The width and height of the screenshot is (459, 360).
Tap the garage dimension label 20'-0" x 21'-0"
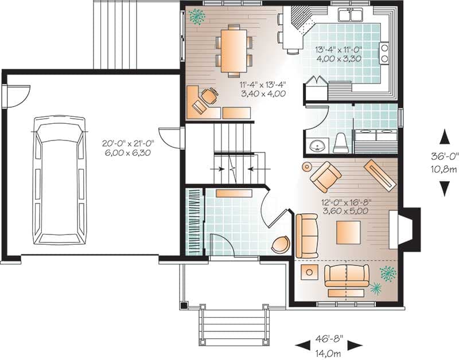pyautogui.click(x=128, y=143)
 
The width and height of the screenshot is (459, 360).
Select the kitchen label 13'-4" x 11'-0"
pyautogui.click(x=339, y=49)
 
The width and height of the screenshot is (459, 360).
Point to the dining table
pyautogui.click(x=234, y=51)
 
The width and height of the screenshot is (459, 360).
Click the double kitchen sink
pyautogui.click(x=350, y=15)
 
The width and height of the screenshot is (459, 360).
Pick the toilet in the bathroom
pyautogui.click(x=341, y=143)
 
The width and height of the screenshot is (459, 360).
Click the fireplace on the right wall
pyautogui.click(x=405, y=229)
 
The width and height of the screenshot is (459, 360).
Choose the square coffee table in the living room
pyautogui.click(x=348, y=233)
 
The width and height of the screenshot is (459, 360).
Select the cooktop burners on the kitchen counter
pyautogui.click(x=384, y=53)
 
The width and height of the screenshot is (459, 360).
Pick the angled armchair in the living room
pyautogui.click(x=325, y=177)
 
